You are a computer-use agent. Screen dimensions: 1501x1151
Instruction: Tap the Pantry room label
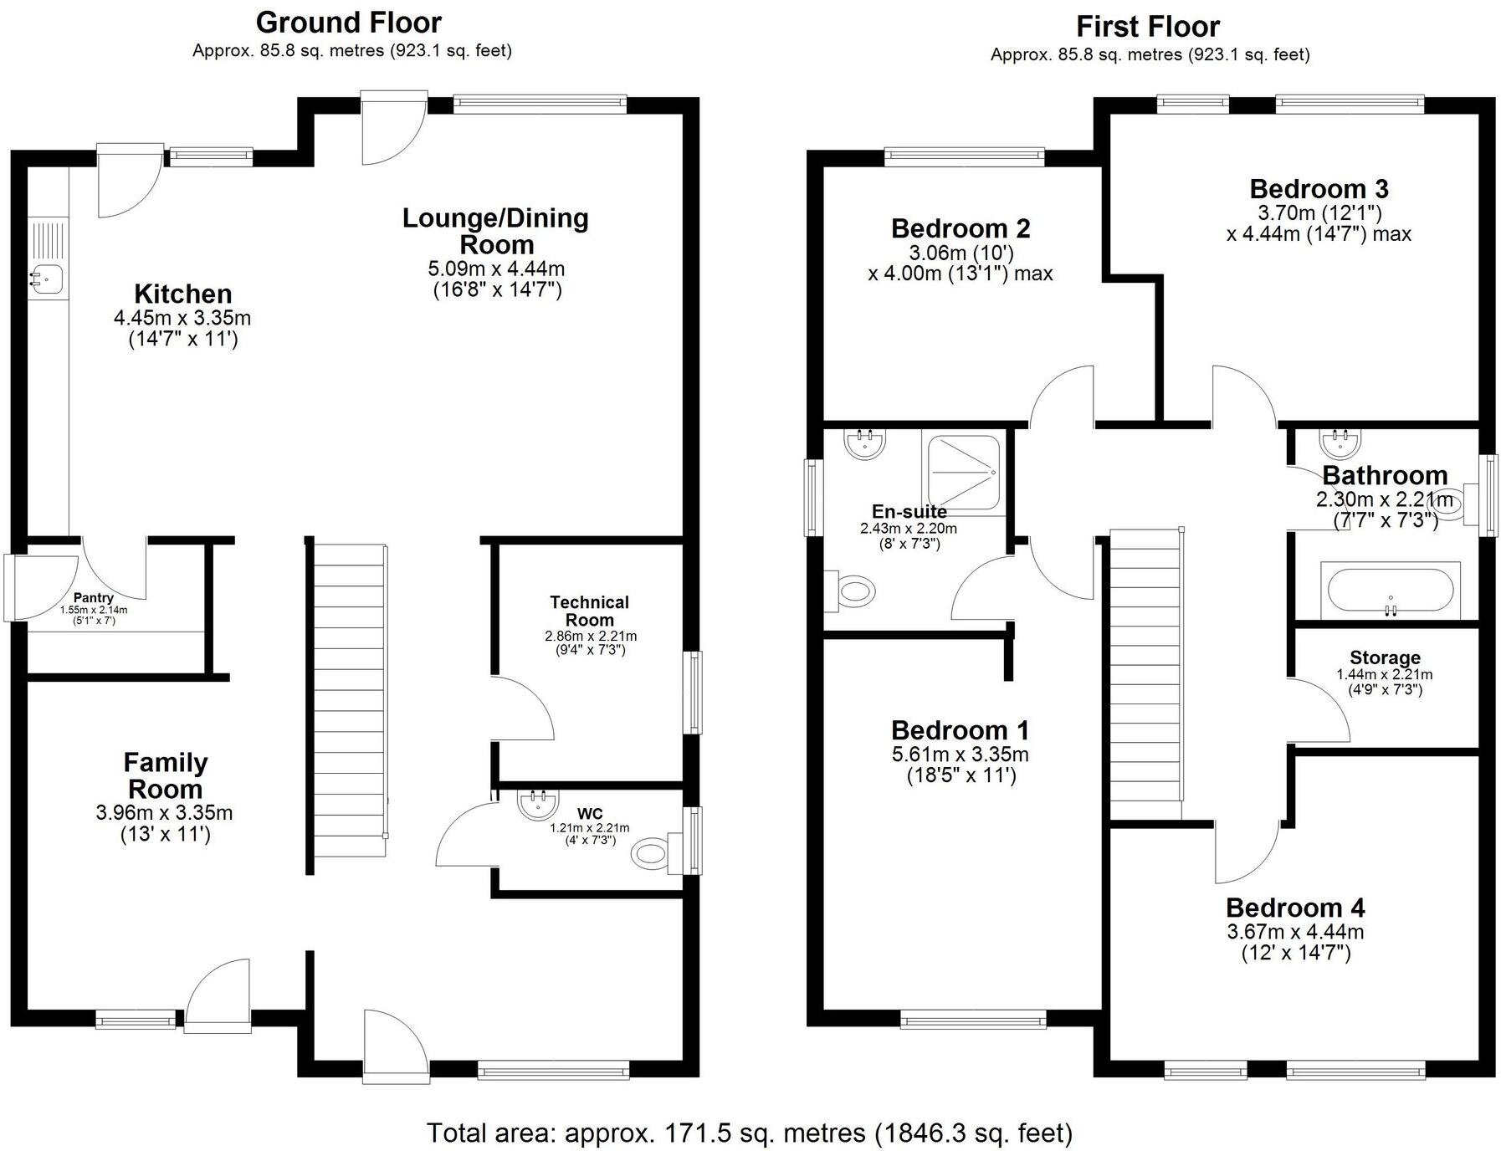click(94, 597)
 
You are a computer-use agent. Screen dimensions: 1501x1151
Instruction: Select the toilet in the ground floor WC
click(656, 853)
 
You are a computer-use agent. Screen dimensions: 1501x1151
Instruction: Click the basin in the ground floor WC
click(537, 805)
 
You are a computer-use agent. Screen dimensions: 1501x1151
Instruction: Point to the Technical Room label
click(589, 611)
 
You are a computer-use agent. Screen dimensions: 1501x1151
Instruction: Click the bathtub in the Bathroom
click(1391, 591)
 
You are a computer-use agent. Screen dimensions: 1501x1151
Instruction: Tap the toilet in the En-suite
click(852, 592)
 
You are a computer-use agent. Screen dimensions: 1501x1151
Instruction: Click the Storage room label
click(1385, 657)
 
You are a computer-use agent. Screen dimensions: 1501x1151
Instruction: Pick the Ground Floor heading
click(349, 22)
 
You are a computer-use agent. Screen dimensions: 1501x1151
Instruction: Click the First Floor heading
click(1148, 27)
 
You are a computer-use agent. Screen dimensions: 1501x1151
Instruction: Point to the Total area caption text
click(750, 1133)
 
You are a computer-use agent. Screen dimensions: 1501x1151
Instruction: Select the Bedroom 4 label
click(1295, 907)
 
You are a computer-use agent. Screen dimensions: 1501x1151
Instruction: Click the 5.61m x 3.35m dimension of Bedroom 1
click(961, 754)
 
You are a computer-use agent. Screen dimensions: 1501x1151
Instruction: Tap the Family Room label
click(165, 775)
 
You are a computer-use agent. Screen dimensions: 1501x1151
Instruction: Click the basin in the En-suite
click(865, 443)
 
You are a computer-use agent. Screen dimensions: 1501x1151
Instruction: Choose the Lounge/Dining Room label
click(496, 231)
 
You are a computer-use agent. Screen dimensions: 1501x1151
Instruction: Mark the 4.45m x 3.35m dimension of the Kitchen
click(182, 318)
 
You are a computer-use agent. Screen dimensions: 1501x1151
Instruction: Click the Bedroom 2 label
click(961, 228)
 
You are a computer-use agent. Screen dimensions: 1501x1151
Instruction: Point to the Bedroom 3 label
click(1319, 188)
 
